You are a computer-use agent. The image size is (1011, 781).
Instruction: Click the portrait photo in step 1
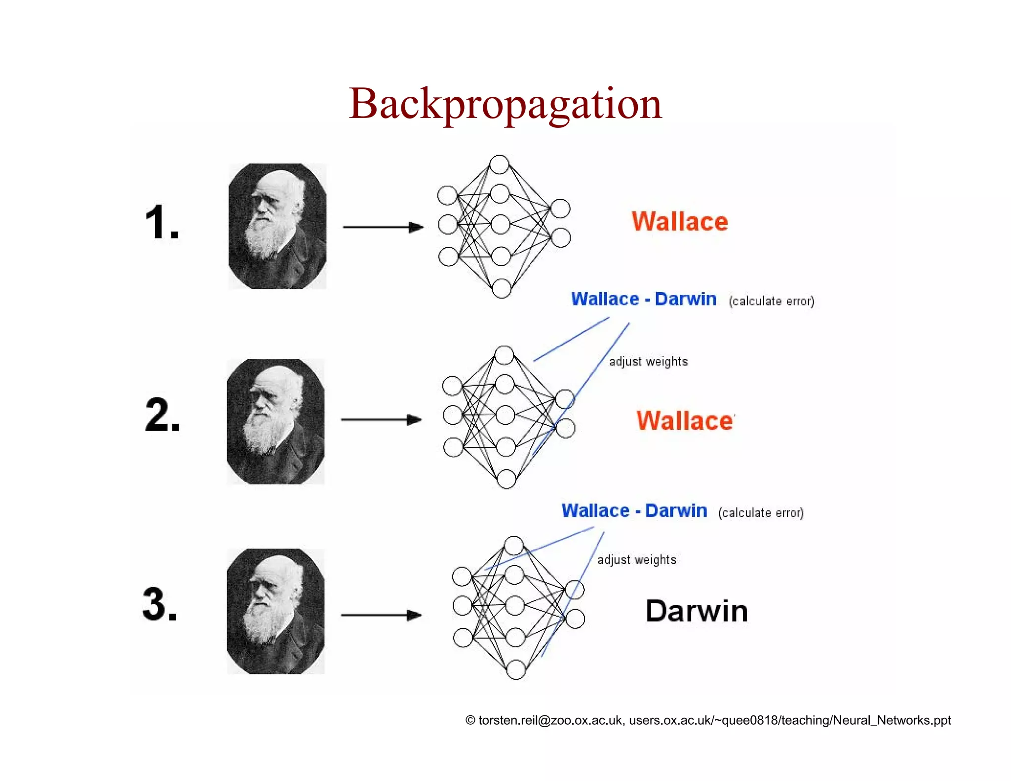277,226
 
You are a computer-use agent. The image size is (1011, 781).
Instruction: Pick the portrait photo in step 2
275,421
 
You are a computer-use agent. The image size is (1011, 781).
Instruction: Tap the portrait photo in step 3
275,611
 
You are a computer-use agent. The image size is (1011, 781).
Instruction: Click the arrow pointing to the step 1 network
383,227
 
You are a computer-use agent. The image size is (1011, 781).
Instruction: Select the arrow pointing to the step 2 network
381,420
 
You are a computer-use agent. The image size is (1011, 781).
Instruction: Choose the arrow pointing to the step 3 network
381,615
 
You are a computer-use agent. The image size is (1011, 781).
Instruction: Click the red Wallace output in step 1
680,222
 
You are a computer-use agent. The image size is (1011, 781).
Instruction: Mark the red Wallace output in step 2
685,421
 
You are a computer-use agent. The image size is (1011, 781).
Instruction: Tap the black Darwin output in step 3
697,611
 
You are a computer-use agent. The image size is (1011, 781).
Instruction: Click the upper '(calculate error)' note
771,301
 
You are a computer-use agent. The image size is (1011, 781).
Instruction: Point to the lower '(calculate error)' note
761,512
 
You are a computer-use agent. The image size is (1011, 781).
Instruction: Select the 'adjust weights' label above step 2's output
648,361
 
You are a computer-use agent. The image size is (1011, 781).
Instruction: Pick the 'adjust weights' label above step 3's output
637,559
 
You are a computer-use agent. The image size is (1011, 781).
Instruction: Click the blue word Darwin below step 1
685,299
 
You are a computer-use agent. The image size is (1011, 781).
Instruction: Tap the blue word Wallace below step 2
595,510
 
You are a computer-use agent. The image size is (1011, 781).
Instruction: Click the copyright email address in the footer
550,720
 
